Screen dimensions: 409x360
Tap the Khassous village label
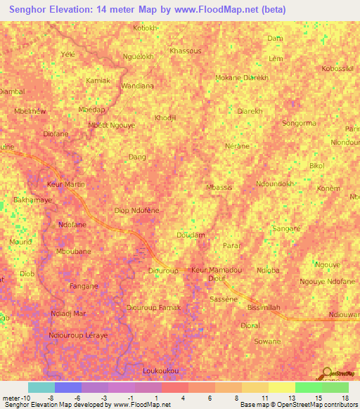[186, 51]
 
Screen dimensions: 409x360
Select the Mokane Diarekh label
[241, 77]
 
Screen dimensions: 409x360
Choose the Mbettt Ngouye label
[112, 125]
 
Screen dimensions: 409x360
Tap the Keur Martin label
[65, 184]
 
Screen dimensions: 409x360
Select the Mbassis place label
[219, 188]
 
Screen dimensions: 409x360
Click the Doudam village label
[191, 235]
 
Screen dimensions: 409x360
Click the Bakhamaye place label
[33, 200]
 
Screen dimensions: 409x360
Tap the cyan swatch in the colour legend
[41, 387]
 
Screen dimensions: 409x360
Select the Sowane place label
[267, 342]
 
